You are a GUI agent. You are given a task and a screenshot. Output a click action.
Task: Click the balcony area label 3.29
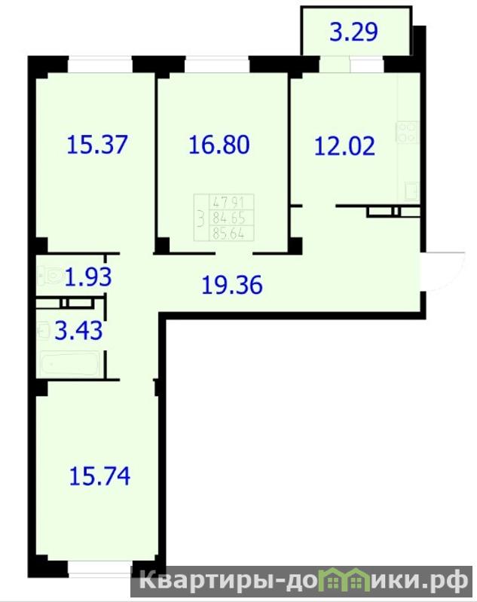[353, 32]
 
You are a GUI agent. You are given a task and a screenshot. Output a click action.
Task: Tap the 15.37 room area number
[97, 145]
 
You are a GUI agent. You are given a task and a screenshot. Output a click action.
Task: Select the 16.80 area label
[219, 145]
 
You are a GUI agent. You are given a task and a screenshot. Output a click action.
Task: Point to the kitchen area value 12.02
[344, 146]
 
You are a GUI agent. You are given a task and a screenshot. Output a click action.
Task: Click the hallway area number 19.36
[232, 285]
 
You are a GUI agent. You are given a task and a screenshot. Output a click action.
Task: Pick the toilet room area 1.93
[88, 277]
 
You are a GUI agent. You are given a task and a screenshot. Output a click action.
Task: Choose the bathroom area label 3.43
[78, 331]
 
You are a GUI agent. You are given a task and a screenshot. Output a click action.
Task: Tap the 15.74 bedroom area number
[100, 475]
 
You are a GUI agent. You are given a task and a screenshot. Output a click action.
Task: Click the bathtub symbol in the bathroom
[70, 363]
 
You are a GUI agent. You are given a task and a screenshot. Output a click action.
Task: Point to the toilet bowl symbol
[50, 276]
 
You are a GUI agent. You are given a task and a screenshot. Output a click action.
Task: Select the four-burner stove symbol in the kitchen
[408, 132]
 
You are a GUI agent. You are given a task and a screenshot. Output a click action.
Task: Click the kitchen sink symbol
[412, 191]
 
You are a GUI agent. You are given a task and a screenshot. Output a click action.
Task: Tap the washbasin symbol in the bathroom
[44, 330]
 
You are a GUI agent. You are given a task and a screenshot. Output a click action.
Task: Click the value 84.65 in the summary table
[229, 218]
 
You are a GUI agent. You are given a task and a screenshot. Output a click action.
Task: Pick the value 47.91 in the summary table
[228, 203]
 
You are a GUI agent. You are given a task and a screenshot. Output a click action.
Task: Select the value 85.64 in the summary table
[229, 234]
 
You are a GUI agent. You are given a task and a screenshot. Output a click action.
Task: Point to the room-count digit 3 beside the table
[200, 218]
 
